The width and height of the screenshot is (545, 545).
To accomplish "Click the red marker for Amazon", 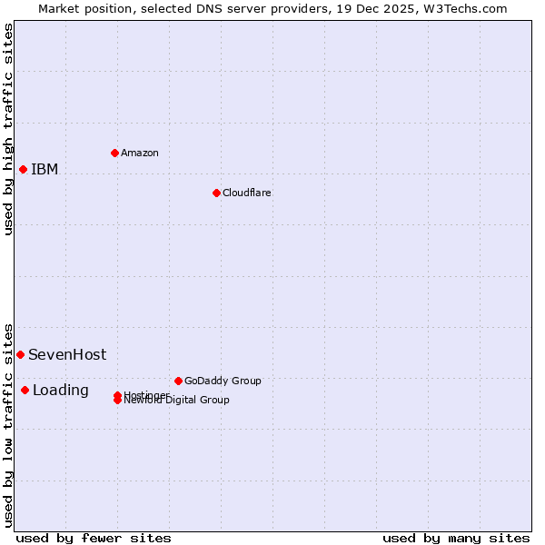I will [114, 153].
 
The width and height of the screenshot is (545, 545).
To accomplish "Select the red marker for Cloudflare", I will [216, 193].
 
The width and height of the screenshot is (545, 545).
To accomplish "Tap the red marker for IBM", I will [23, 169].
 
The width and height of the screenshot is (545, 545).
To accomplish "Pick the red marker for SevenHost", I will [20, 354].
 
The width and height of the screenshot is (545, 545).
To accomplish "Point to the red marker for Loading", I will [25, 390].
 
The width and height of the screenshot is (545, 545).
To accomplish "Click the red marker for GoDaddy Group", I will [178, 381].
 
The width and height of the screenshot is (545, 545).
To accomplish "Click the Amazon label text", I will [139, 153].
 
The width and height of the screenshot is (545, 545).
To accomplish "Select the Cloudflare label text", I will [246, 193].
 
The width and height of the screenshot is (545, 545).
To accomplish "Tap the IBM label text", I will [45, 169].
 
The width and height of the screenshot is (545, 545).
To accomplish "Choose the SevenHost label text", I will [67, 354].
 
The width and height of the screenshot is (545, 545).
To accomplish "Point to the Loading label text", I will [61, 390].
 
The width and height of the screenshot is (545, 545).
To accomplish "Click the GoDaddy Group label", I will [223, 381].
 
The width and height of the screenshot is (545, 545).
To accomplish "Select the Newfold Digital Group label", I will [179, 401].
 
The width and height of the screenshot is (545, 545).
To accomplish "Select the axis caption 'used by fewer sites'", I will [94, 538].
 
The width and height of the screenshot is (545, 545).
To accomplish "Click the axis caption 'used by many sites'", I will [456, 538].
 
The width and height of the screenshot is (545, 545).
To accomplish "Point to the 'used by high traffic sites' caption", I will [8, 129].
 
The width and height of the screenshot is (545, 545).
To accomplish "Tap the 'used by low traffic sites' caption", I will [8, 424].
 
